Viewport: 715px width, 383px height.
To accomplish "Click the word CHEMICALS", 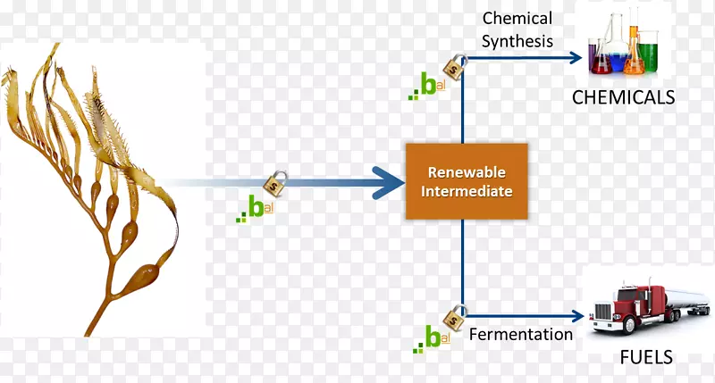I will coord(623,97).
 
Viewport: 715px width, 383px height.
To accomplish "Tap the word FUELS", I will coord(647,358).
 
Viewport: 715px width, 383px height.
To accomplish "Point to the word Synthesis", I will coord(517,40).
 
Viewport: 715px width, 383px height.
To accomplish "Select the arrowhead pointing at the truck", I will coord(575,315).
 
